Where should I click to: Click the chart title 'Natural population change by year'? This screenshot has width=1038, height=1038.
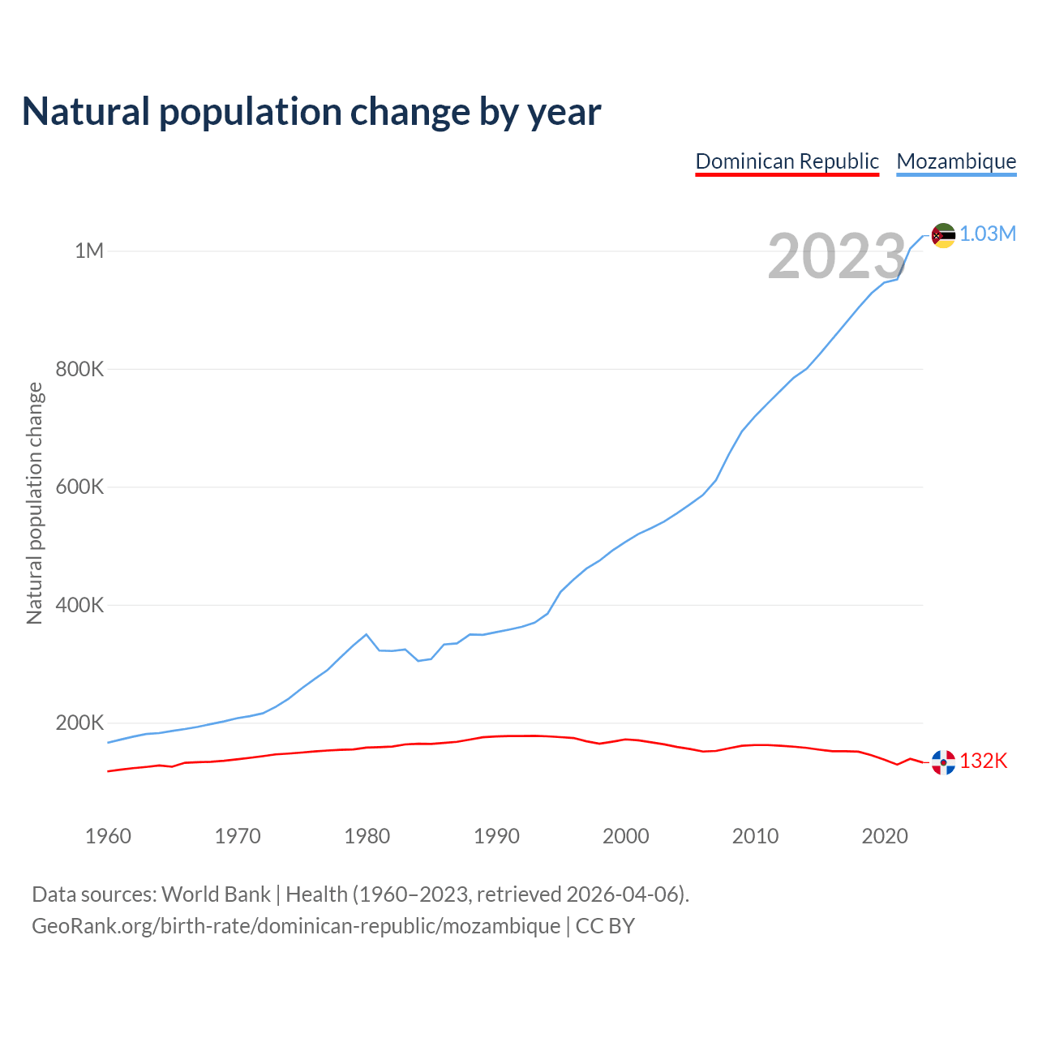[x=311, y=112]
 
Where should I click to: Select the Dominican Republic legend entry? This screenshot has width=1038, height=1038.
[x=787, y=161]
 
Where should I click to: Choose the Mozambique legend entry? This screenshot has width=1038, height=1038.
[x=956, y=161]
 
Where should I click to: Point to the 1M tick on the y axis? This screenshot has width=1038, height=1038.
[x=89, y=251]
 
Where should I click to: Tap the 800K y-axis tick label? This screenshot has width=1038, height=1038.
[x=79, y=369]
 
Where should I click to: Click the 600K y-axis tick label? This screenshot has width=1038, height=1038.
[x=79, y=487]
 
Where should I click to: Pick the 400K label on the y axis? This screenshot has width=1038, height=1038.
[x=79, y=605]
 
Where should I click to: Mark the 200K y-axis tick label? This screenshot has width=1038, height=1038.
[x=79, y=723]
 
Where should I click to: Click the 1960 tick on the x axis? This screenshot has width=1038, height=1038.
[x=108, y=836]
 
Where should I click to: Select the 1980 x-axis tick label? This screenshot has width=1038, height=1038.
[x=367, y=836]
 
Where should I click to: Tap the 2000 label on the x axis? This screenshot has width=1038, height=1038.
[x=625, y=836]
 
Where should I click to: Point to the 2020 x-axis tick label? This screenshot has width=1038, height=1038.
[x=884, y=836]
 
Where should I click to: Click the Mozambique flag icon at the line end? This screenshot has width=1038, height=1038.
[x=943, y=235]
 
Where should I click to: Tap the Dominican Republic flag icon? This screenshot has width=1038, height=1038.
[x=943, y=762]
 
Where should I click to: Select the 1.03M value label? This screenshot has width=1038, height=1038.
[x=988, y=234]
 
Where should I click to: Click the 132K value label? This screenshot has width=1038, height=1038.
[x=984, y=761]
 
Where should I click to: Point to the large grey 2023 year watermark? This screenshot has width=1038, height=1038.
[x=836, y=257]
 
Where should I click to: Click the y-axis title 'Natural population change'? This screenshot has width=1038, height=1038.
[x=34, y=503]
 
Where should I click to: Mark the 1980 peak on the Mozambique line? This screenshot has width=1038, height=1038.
[x=367, y=634]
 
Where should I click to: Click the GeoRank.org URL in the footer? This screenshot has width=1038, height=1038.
[x=296, y=926]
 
